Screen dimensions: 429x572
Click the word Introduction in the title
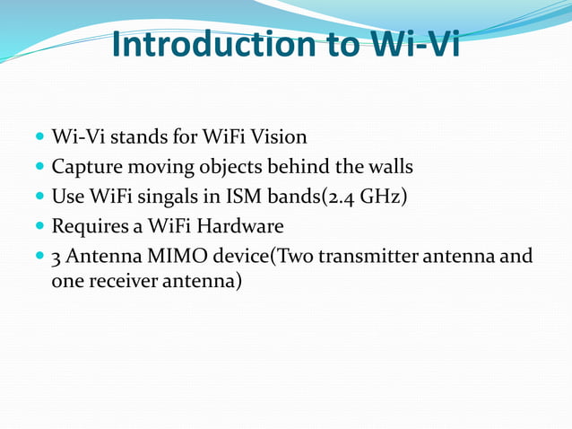tap(212, 44)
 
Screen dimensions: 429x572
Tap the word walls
tap(386, 167)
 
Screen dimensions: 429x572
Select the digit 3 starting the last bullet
tap(56, 256)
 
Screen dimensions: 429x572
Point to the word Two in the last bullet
tap(300, 256)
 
